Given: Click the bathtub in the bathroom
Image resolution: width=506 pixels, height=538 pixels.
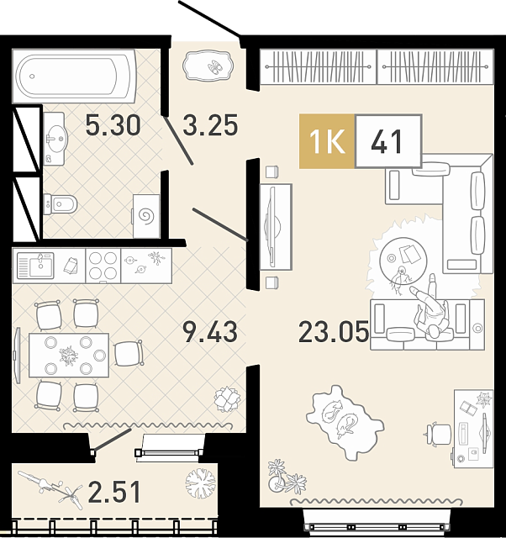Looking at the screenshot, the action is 75,76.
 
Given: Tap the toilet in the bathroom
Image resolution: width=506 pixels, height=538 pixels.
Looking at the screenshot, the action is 60,204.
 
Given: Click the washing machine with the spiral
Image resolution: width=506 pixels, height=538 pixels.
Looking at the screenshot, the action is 146,216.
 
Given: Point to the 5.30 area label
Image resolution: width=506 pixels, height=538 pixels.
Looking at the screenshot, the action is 113,125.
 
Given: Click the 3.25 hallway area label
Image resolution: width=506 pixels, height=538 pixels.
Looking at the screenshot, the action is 210,125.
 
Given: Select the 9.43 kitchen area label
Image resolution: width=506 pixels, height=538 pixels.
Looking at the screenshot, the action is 210,332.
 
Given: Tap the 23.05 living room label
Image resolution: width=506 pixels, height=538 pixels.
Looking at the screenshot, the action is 334,332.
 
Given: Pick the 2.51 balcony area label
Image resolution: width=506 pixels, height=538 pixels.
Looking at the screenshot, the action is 114,492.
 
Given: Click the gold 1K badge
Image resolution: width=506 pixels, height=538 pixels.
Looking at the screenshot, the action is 327,141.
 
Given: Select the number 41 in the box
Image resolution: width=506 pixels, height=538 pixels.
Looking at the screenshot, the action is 387,141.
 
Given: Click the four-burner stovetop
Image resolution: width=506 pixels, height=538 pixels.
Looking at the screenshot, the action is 103,266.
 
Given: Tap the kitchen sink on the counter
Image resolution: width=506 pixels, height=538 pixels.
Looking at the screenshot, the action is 35,266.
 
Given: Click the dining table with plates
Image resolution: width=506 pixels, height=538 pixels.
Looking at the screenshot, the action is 69,355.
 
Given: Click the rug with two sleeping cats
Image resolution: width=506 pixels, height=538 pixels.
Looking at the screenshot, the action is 345,422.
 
